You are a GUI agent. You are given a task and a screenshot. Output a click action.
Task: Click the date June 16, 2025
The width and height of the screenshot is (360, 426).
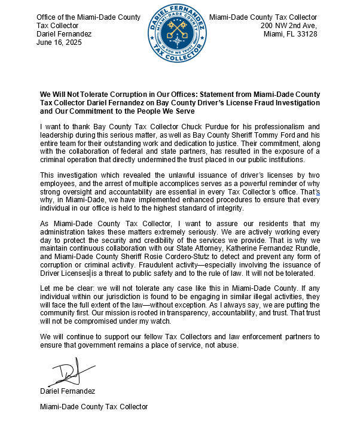[x=59, y=42]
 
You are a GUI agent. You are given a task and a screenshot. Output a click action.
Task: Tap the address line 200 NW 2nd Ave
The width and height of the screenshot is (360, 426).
[x=288, y=26]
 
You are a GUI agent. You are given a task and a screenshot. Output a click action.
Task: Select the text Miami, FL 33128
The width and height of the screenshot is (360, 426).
[x=290, y=34]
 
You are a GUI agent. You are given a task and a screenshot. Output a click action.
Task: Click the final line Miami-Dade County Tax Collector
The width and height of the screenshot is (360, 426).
[x=93, y=407]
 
